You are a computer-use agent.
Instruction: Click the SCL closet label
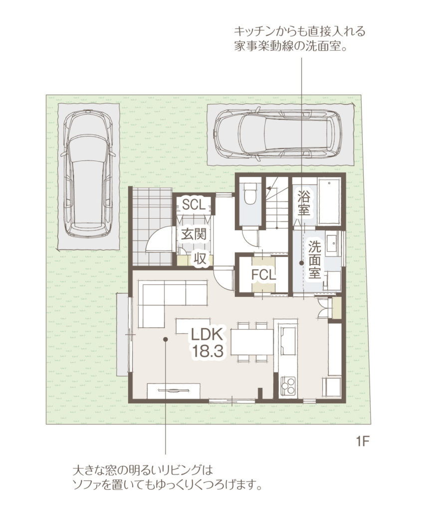tap(194, 205)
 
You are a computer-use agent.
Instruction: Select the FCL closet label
tap(263, 275)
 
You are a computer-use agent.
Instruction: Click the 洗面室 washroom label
tap(315, 259)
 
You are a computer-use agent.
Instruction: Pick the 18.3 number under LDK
tap(207, 351)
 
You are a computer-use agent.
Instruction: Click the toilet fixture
tap(250, 194)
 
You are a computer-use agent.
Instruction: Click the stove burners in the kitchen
tap(288, 386)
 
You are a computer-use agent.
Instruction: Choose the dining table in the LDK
tap(252, 342)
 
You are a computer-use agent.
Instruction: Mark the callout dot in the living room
tap(165, 339)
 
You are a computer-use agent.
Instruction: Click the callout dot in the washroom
tap(302, 263)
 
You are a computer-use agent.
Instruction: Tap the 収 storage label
tap(200, 259)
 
